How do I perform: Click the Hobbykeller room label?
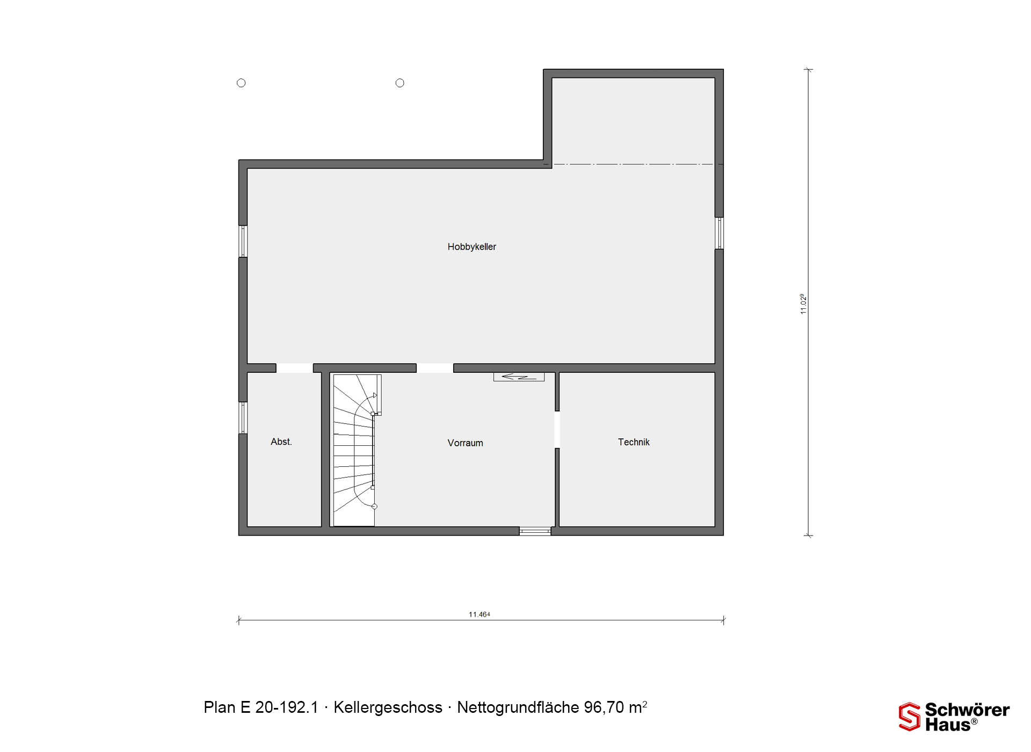coord(471,247)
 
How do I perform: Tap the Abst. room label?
coord(281,442)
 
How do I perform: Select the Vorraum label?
coord(465,443)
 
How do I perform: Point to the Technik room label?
coord(634,442)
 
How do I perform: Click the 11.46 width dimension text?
coord(480,614)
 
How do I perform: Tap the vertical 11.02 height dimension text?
coord(803,304)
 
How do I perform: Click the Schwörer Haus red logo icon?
coord(910,717)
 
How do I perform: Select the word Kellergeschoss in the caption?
coord(388,707)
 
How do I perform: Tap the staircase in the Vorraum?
coord(354,450)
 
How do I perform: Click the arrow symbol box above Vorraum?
coord(519,377)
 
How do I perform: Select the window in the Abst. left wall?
coord(243,418)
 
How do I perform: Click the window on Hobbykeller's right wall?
coord(719,233)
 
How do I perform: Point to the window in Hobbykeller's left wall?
coord(243,241)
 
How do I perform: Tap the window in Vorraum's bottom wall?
coord(535,531)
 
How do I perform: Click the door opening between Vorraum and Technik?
coord(557,430)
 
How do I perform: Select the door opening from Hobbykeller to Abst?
coord(294,368)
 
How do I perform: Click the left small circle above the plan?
coord(241,83)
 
